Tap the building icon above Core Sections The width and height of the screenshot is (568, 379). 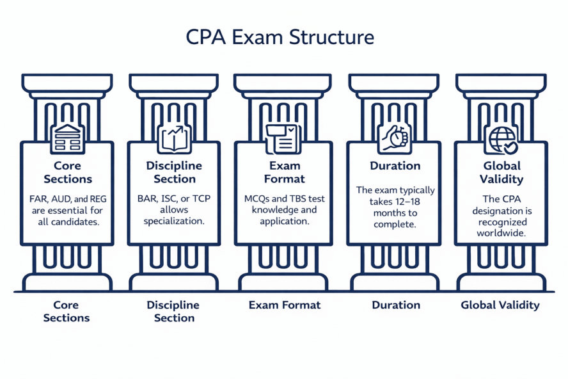pyautogui.click(x=67, y=138)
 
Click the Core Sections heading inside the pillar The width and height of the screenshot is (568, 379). pyautogui.click(x=67, y=172)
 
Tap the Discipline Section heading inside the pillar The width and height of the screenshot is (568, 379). pyautogui.click(x=175, y=172)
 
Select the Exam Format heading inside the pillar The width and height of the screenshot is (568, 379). pyautogui.click(x=284, y=172)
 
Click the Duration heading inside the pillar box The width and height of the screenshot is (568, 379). pyautogui.click(x=395, y=166)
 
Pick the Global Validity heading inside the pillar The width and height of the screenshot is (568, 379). pyautogui.click(x=501, y=172)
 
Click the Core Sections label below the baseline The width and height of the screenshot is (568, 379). pyautogui.click(x=67, y=311)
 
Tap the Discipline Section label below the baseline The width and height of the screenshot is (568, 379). pyautogui.click(x=173, y=311)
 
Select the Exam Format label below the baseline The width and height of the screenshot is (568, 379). pyautogui.click(x=284, y=305)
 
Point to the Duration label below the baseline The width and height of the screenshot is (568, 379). pyautogui.click(x=396, y=305)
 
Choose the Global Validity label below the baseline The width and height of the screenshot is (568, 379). pyautogui.click(x=500, y=305)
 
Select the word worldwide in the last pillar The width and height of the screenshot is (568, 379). pyautogui.click(x=501, y=233)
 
